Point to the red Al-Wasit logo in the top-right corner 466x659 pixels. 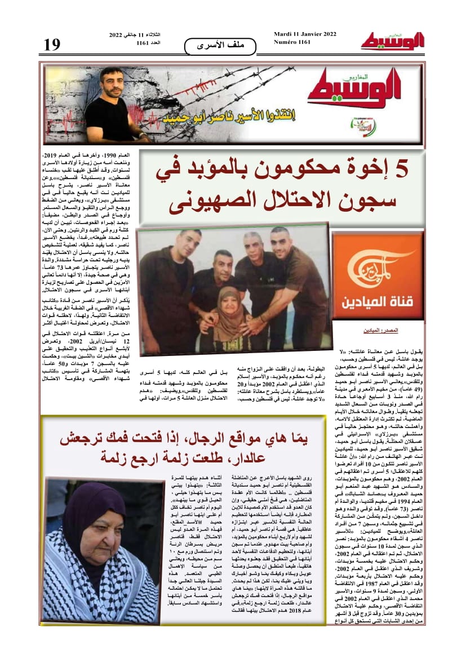(x=393, y=40)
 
